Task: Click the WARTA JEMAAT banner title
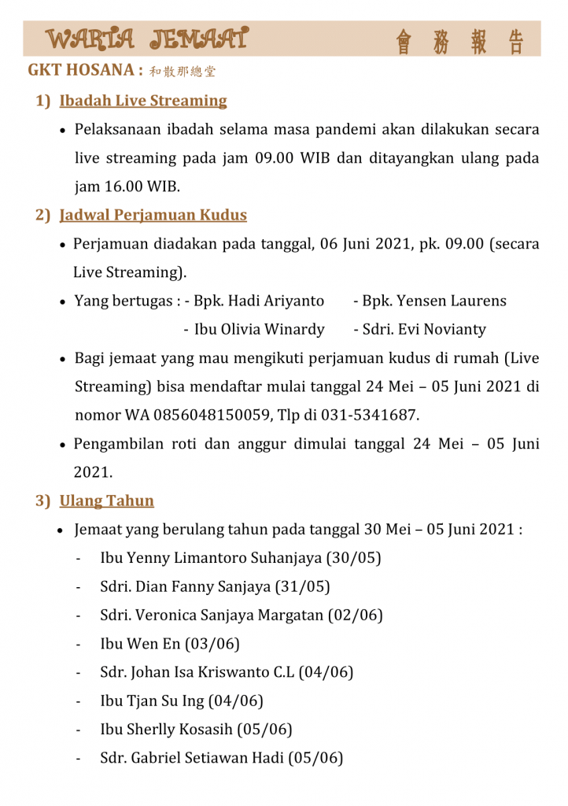coord(148,39)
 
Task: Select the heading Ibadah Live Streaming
coord(143,101)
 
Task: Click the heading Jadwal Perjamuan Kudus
coord(153,215)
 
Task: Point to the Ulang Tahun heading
coord(107,501)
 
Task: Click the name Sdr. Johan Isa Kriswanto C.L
coord(197,672)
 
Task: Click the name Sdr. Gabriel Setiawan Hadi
coord(192,758)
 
